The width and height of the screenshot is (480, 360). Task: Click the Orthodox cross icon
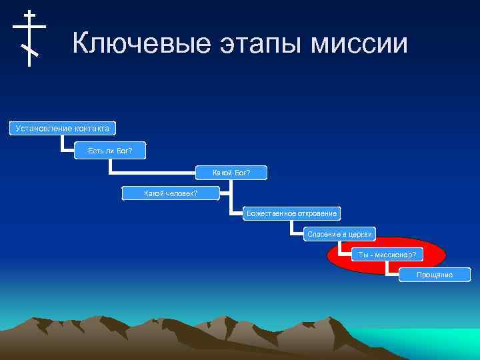point(29,37)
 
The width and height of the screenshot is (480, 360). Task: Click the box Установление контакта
point(62,127)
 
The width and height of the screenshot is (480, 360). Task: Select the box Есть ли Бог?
point(110,151)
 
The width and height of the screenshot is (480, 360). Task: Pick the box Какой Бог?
point(231,173)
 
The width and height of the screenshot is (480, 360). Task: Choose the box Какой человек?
point(171,193)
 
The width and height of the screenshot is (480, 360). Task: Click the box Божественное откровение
point(291,214)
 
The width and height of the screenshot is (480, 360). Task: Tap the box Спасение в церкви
point(340,234)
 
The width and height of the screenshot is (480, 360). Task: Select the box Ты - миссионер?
point(387,255)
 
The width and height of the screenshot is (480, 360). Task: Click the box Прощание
point(434,275)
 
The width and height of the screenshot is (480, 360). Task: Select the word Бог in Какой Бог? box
point(241,173)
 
